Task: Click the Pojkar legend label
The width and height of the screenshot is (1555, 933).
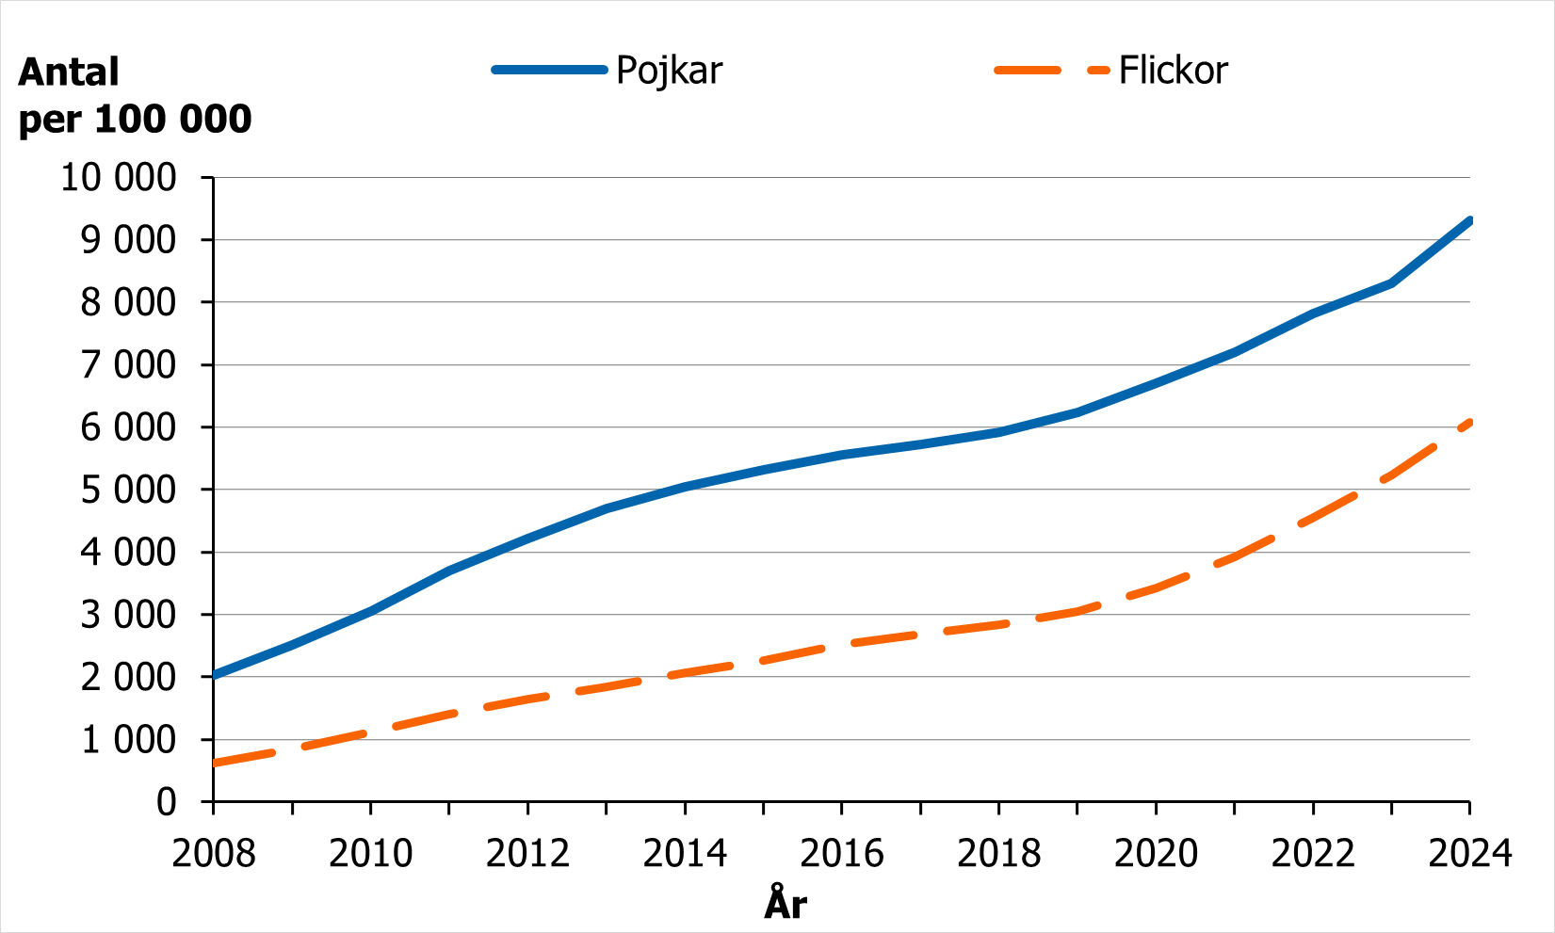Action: coord(669,72)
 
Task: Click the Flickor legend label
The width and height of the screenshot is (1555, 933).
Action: coord(1173,72)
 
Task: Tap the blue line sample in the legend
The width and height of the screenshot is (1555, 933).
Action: coord(550,70)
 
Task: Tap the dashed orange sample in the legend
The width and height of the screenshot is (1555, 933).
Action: coord(1051,71)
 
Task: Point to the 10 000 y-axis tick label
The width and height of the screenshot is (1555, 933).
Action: coord(119,177)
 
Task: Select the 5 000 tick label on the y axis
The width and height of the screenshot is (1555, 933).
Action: coord(128,490)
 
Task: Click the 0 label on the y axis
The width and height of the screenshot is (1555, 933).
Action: coord(166,802)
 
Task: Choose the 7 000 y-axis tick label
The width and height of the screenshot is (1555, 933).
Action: coord(128,364)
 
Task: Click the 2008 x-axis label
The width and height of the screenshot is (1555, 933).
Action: coord(214,854)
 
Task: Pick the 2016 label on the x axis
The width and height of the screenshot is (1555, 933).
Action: coord(842,854)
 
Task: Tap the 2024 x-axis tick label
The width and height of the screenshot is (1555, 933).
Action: coord(1469,854)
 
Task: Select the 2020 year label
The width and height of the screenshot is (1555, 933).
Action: coord(1156,854)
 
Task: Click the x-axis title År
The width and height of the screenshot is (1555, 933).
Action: coord(786,905)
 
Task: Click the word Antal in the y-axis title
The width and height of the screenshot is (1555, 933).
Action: coord(69,72)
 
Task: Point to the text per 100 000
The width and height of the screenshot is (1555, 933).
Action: coord(136,120)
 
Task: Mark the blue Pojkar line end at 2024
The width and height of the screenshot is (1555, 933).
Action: coord(1468,221)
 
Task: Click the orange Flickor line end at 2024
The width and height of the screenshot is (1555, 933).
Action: coord(1467,423)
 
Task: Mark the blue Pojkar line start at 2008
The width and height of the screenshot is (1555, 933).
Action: coord(216,674)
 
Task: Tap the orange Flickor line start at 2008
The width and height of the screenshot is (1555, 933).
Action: coord(216,763)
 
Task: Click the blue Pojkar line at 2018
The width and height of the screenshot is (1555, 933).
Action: coord(998,432)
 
